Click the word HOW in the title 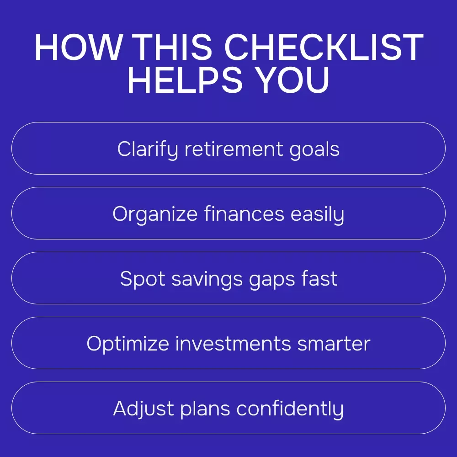79,47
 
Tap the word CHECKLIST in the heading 323,47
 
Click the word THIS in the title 174,47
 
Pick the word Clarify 148,149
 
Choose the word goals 314,149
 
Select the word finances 244,213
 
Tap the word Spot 143,279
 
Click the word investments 233,343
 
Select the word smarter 334,344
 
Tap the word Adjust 143,409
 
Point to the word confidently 290,409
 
